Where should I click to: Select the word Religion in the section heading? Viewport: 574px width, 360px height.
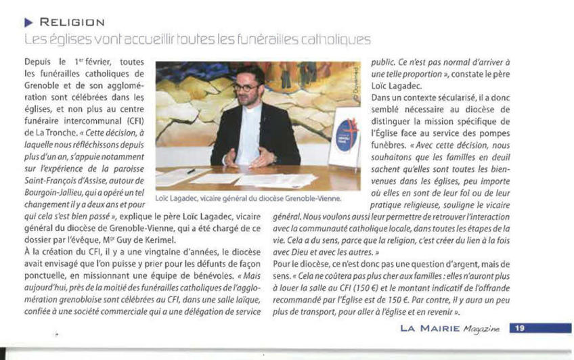pos(71,23)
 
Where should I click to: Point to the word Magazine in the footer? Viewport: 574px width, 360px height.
pos(481,329)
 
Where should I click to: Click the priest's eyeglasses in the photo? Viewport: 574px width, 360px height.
pos(246,87)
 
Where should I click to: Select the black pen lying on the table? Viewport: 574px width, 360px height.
pos(190,171)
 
